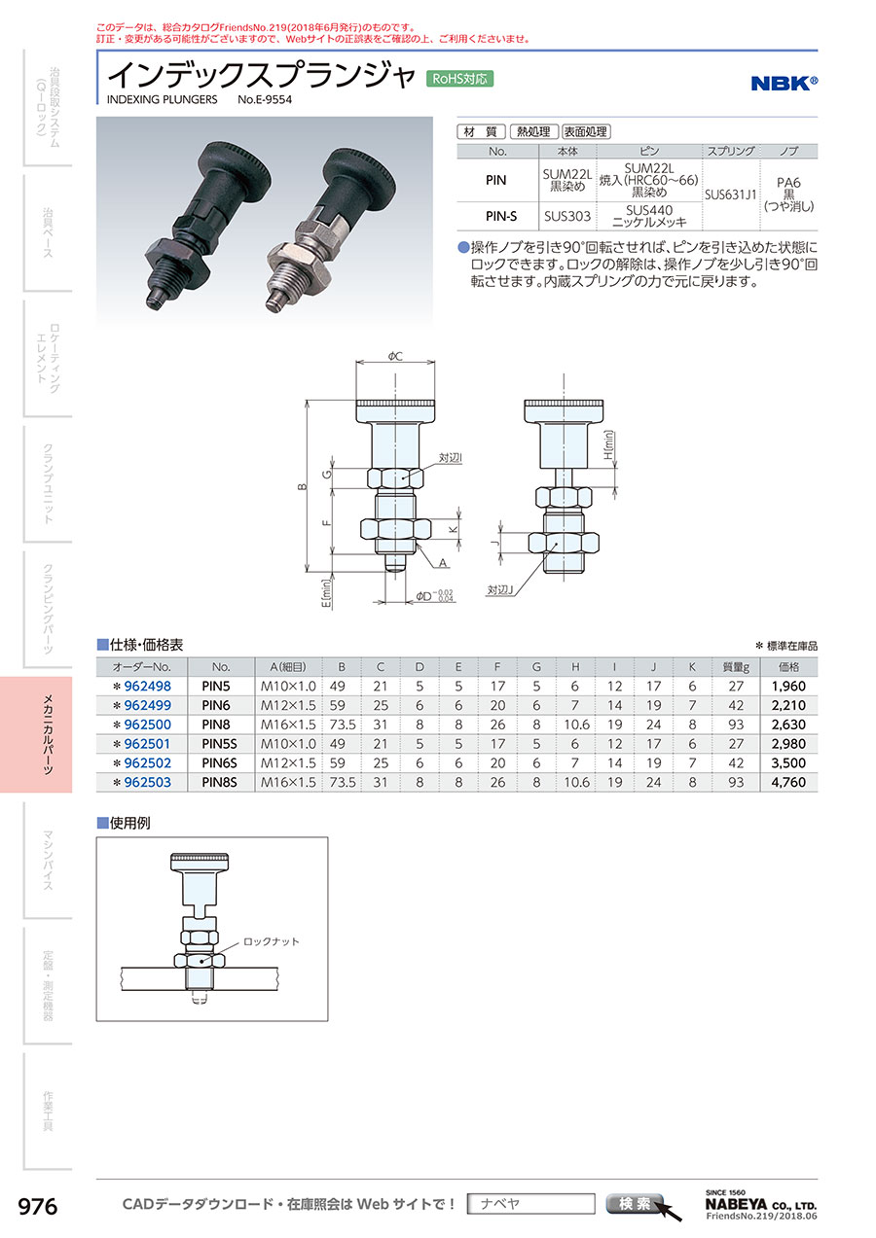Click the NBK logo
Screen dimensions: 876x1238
(784, 83)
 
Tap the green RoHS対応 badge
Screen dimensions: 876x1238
(459, 79)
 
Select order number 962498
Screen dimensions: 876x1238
(148, 686)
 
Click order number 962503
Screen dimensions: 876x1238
(148, 782)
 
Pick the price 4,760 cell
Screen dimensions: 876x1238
(788, 782)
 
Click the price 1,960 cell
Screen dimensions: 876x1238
(788, 686)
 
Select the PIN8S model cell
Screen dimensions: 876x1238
(220, 782)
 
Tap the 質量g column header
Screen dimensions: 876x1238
(736, 667)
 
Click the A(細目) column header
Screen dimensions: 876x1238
(287, 667)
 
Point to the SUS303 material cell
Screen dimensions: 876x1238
(567, 216)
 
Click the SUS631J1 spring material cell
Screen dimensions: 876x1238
(731, 195)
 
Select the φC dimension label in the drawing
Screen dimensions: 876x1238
(395, 357)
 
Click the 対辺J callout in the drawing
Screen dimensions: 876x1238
(500, 590)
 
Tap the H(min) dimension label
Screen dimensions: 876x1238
(609, 445)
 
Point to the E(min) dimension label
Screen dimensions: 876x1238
(327, 593)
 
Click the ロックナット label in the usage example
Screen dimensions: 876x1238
(271, 941)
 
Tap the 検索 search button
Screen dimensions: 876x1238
(635, 1203)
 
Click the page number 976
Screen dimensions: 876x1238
(38, 1207)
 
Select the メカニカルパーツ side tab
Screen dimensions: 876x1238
(48, 734)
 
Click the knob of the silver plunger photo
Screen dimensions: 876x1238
(360, 170)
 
